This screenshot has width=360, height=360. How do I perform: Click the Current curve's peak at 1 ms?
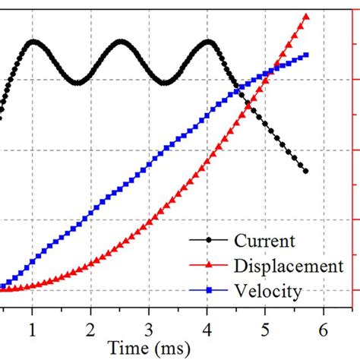tap(32, 41)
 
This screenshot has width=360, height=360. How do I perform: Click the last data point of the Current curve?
tap(306, 171)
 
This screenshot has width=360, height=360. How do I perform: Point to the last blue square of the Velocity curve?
tap(306, 55)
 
